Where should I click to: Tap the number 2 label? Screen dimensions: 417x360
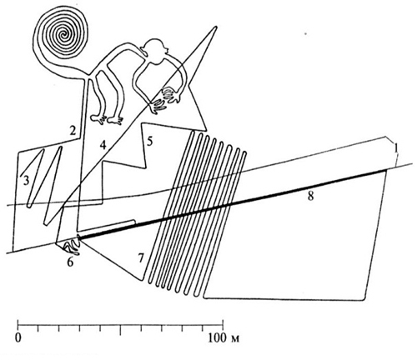pyautogui.click(x=73, y=130)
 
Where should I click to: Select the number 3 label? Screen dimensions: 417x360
pyautogui.click(x=26, y=181)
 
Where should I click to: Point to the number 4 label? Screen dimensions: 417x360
pyautogui.click(x=103, y=145)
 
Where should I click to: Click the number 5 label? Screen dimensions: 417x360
pyautogui.click(x=149, y=142)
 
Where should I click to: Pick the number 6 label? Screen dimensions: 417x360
pyautogui.click(x=70, y=262)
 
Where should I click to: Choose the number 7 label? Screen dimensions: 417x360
pyautogui.click(x=141, y=258)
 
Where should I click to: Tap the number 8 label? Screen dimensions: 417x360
pyautogui.click(x=310, y=197)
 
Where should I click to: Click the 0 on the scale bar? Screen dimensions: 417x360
pyautogui.click(x=18, y=339)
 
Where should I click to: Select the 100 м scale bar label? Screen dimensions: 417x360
pyautogui.click(x=224, y=338)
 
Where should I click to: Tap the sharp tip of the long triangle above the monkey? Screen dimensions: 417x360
pyautogui.click(x=215, y=27)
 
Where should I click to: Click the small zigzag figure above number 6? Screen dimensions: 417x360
pyautogui.click(x=71, y=246)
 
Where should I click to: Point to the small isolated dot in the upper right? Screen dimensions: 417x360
pyautogui.click(x=305, y=34)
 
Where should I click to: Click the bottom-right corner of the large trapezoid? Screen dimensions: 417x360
pyautogui.click(x=364, y=299)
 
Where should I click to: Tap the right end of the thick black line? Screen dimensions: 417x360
pyautogui.click(x=387, y=170)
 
